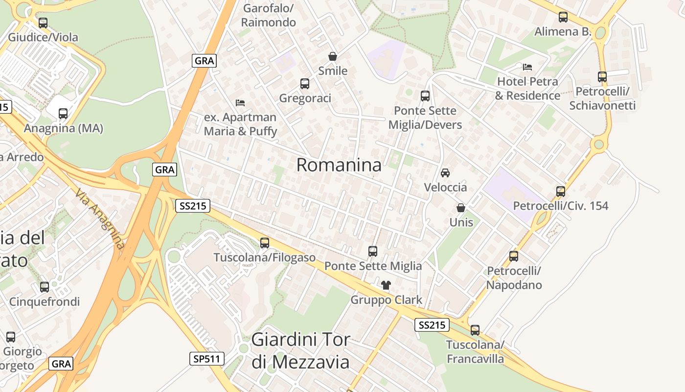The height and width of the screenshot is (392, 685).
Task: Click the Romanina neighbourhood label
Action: [x=339, y=165]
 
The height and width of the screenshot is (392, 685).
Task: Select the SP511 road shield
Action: [x=207, y=359]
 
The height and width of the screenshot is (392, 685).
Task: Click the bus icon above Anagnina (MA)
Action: [x=63, y=114]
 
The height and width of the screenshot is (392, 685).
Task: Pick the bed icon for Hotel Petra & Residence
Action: [x=527, y=67]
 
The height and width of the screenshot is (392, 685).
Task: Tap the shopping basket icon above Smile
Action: [x=333, y=56]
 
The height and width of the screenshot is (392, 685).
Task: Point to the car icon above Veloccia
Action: [x=445, y=172]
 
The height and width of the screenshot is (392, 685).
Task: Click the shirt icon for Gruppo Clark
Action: [x=386, y=285]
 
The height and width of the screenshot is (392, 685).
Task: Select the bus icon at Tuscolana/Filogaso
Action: [x=265, y=243]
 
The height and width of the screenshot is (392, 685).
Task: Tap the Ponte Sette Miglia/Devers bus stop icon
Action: [x=425, y=96]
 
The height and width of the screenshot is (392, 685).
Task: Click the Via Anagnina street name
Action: [x=100, y=219]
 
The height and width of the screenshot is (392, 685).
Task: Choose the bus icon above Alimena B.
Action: [x=563, y=17]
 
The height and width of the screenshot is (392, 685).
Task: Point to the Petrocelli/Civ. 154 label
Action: [x=561, y=206]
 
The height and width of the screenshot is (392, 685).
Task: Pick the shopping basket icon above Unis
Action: [x=461, y=208]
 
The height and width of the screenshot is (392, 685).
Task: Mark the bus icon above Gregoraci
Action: [x=305, y=84]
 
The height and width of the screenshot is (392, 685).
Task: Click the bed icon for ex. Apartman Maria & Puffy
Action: [x=240, y=102]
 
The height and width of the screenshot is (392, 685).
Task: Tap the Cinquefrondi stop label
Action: [x=45, y=301]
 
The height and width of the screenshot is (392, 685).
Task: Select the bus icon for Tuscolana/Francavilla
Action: [x=475, y=330]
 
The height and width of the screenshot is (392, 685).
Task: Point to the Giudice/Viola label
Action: [x=43, y=37]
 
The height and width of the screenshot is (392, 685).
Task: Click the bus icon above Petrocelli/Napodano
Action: [x=514, y=256]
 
